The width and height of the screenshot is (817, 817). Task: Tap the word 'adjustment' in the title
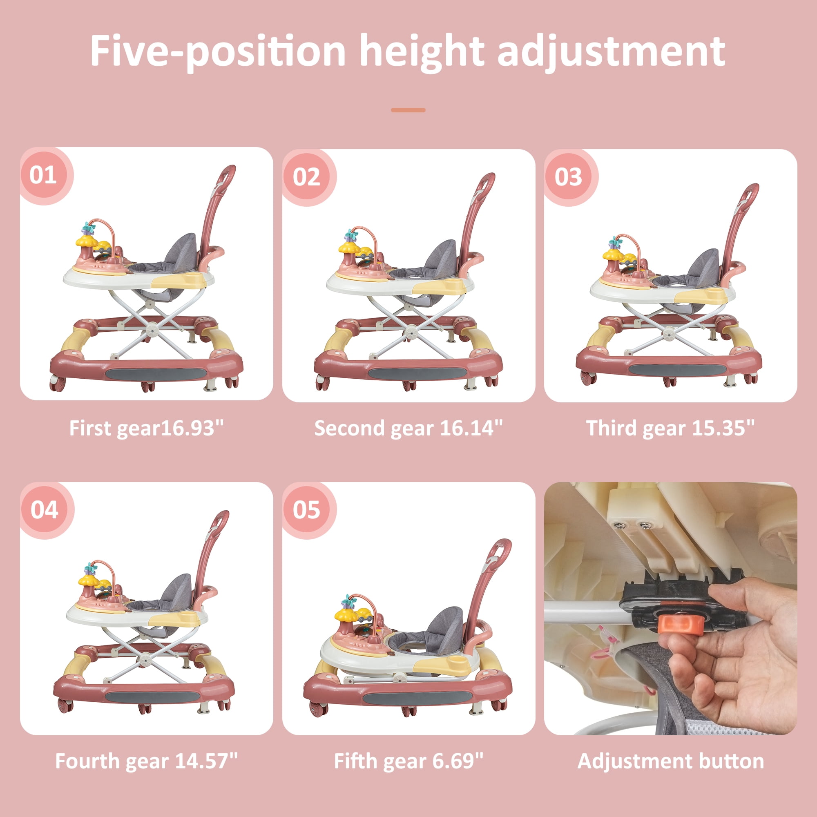(x=611, y=51)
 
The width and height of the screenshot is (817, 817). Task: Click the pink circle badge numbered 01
(x=44, y=175)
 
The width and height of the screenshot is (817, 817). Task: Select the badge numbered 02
(x=307, y=176)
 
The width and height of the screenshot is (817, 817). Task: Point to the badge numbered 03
(x=568, y=176)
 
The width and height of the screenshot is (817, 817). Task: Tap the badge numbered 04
(x=45, y=509)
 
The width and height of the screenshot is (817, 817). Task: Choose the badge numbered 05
(x=307, y=509)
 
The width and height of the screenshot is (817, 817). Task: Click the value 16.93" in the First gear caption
(x=192, y=428)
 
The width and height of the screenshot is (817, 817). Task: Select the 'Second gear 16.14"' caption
(x=408, y=428)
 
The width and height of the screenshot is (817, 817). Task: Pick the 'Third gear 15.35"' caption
(x=670, y=428)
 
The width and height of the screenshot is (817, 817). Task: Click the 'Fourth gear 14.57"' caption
(x=146, y=761)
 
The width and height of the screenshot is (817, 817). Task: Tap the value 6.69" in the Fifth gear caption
(x=458, y=761)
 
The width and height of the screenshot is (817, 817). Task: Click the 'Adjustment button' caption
(x=671, y=761)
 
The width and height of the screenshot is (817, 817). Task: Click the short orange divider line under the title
(x=408, y=110)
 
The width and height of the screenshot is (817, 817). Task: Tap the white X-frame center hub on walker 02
(x=409, y=333)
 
